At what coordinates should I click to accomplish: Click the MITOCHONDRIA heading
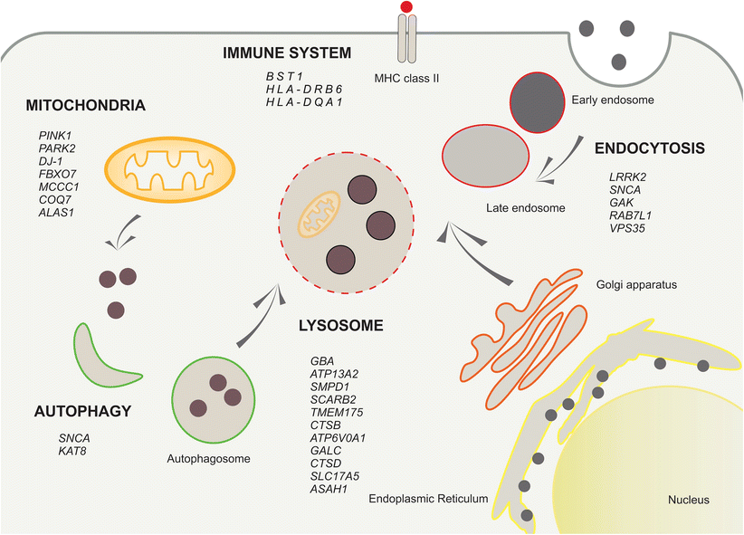click(87, 105)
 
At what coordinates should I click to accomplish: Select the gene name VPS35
click(631, 229)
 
